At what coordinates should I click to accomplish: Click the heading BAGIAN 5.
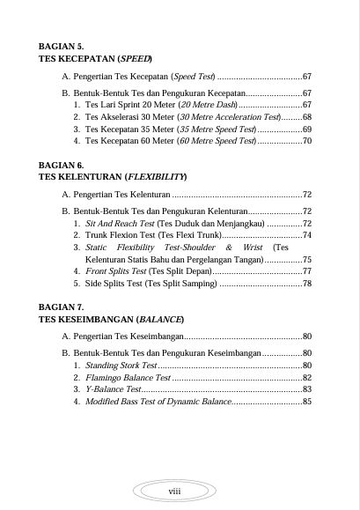click(62, 46)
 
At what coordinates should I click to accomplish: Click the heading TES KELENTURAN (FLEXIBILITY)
click(113, 176)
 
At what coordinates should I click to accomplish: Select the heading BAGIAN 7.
click(62, 307)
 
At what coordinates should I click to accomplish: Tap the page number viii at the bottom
click(174, 491)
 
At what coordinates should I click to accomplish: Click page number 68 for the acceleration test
click(306, 116)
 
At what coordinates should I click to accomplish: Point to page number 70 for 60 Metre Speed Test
click(306, 140)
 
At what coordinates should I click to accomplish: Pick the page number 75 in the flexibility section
click(306, 260)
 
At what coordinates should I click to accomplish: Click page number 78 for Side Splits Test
click(306, 284)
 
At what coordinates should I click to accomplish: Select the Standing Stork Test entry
click(121, 365)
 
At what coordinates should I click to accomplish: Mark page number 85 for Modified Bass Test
click(306, 401)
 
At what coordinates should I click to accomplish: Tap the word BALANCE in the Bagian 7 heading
click(159, 319)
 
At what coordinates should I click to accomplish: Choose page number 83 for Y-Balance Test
click(306, 388)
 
